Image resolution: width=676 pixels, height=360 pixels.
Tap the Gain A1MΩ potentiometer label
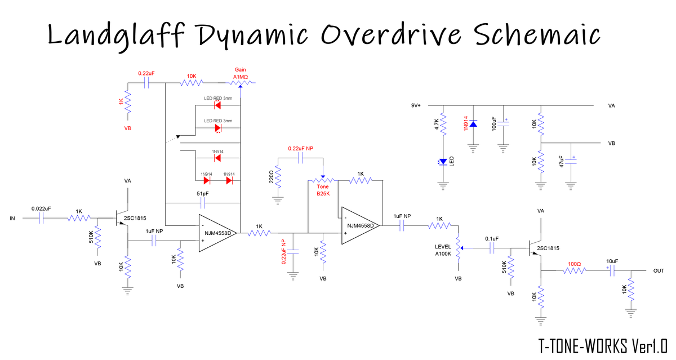pyautogui.click(x=241, y=73)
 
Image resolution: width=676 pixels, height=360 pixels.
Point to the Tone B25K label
pyautogui.click(x=323, y=190)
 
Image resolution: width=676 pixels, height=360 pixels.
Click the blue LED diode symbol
pyautogui.click(x=443, y=162)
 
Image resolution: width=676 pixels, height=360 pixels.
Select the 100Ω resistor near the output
pyautogui.click(x=574, y=272)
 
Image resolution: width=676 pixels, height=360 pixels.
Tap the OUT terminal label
pyautogui.click(x=659, y=271)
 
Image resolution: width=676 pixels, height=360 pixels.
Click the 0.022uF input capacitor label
pyautogui.click(x=41, y=208)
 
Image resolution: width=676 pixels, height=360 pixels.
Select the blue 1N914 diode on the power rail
pyautogui.click(x=473, y=123)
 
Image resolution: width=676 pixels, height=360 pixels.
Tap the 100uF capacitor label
pyautogui.click(x=494, y=125)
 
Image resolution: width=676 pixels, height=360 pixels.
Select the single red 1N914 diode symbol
pyautogui.click(x=217, y=158)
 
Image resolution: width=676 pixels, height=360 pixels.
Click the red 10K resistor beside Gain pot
pyautogui.click(x=192, y=83)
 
